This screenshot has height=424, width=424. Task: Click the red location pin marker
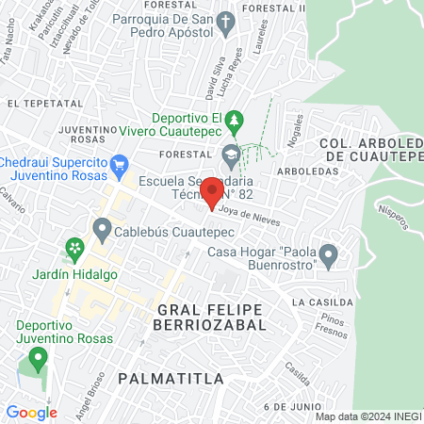click(212, 192)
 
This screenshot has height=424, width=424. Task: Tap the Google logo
click(31, 412)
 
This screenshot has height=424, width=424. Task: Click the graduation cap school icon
click(230, 153)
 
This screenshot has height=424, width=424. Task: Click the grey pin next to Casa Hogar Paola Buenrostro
click(328, 254)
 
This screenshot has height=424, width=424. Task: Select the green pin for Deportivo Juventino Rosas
click(38, 358)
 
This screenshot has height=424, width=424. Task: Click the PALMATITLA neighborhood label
click(171, 378)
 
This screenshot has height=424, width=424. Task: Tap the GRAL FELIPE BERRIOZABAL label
click(212, 317)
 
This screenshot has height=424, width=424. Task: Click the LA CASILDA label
click(322, 302)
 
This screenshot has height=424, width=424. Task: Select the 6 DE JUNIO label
click(288, 405)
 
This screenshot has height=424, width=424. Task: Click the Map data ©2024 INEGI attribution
click(367, 416)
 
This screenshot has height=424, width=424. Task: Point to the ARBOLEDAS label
click(307, 171)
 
